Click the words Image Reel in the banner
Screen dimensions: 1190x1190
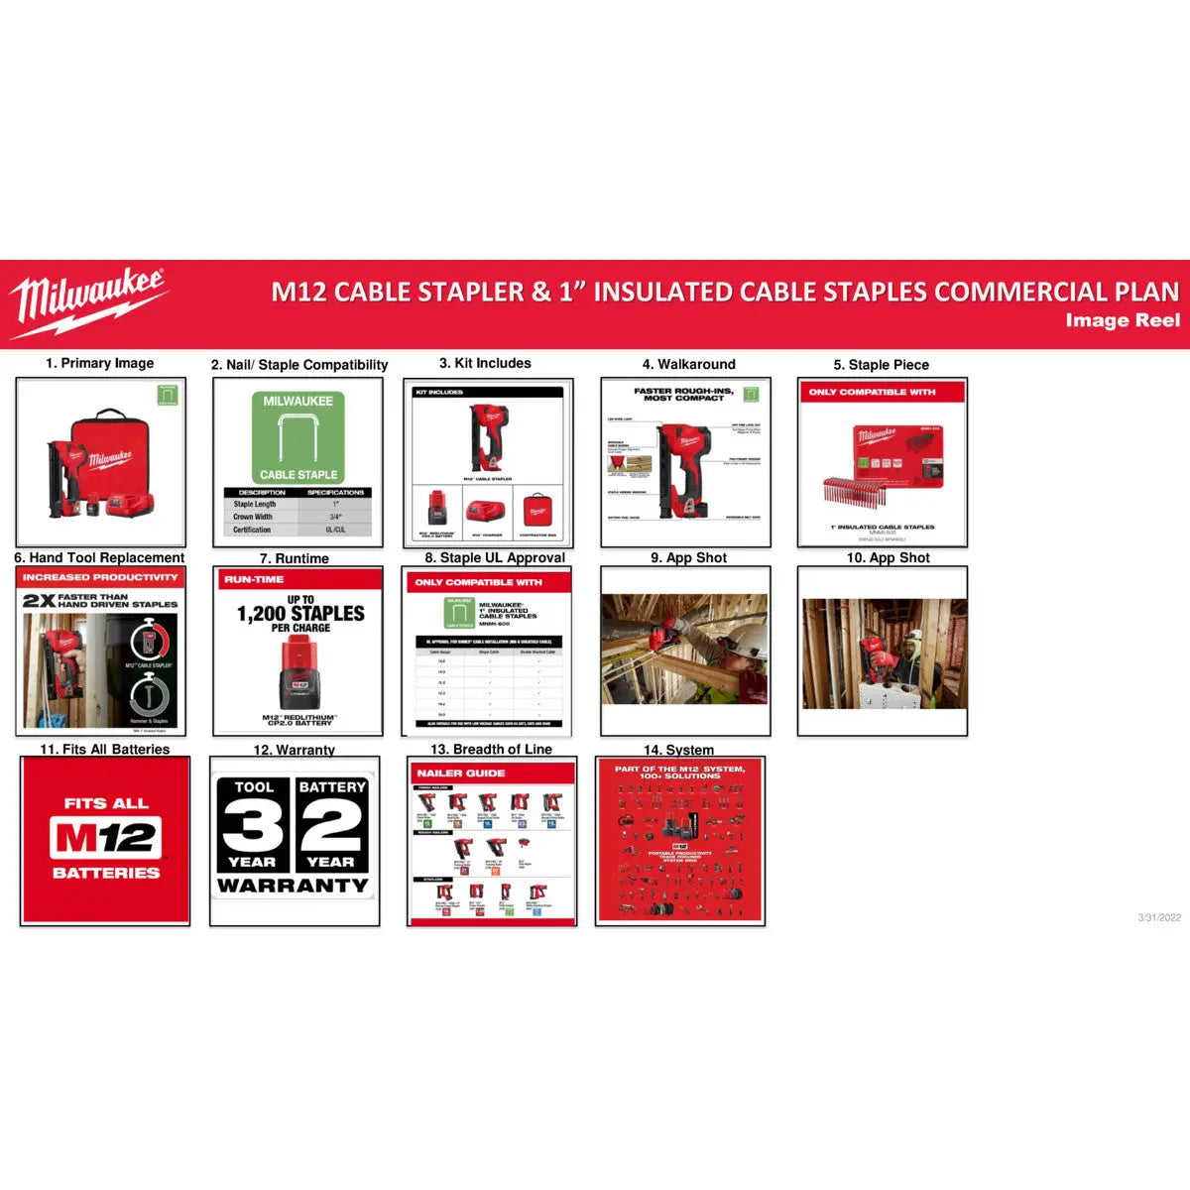[1122, 320]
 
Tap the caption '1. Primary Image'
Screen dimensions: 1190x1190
[99, 363]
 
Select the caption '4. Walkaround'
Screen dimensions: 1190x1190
[688, 364]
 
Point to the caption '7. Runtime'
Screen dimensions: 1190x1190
[294, 558]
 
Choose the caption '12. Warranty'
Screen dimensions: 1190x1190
[294, 750]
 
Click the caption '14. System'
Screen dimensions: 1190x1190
[678, 750]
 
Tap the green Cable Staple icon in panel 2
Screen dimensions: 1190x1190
[298, 437]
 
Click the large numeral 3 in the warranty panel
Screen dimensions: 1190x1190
[252, 826]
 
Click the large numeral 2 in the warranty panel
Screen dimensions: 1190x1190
[331, 826]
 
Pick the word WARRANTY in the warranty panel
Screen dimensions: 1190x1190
[293, 886]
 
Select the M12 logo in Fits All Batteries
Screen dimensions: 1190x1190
[105, 838]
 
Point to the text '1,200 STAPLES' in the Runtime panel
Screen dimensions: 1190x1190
[300, 614]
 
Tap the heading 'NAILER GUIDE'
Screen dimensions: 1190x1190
[460, 773]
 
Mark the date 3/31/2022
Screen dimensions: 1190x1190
[1159, 917]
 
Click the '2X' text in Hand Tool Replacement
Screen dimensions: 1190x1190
[39, 601]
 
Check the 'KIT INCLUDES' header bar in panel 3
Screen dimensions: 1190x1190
[487, 392]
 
